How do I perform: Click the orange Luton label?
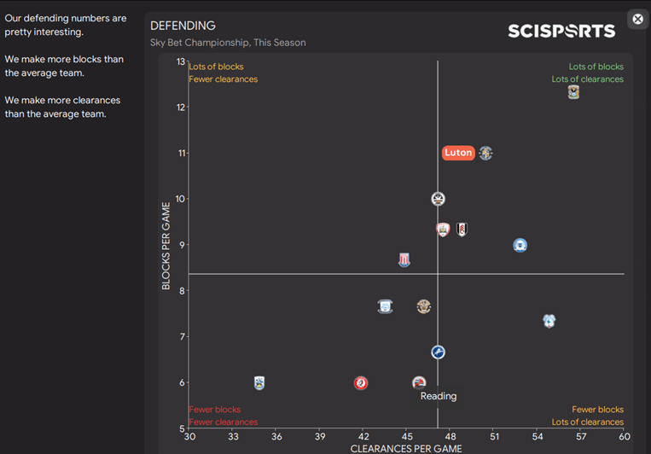458,153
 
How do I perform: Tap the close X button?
637,19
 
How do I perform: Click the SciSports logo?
561,31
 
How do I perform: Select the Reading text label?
438,396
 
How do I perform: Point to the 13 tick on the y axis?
180,61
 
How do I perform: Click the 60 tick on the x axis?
624,436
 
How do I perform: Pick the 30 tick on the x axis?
189,436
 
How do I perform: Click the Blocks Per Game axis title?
167,246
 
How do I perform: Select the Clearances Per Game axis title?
406,448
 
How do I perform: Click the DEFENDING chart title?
183,26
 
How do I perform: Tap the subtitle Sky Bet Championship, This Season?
228,43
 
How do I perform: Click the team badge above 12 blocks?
573,92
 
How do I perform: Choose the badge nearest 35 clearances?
259,383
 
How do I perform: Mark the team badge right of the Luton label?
485,154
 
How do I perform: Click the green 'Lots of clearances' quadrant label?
587,79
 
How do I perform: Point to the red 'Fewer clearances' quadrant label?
223,422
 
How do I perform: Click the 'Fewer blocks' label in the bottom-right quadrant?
597,410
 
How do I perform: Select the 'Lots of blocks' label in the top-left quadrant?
216,67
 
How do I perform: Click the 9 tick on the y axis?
181,245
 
